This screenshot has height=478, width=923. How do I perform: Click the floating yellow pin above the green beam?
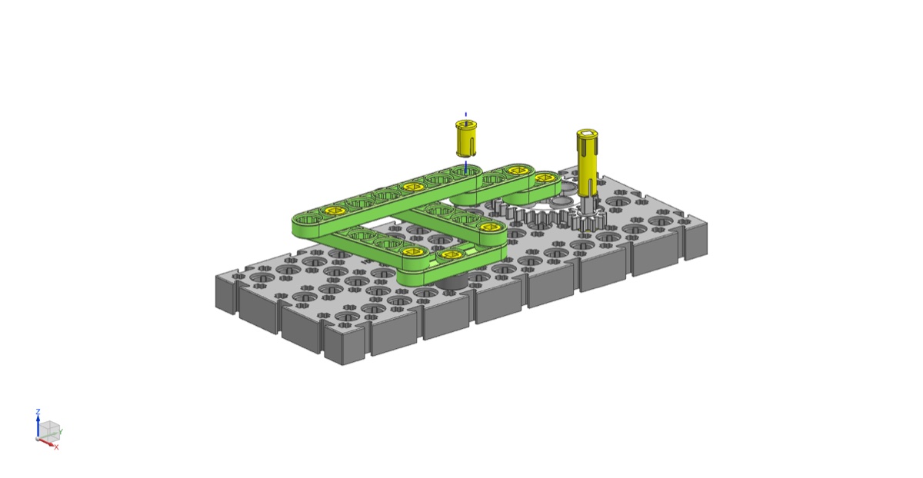tap(466, 138)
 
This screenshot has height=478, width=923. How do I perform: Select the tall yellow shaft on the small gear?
tap(587, 163)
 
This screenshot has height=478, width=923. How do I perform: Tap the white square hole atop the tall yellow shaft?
tap(587, 134)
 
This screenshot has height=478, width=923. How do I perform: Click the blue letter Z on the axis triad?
tap(38, 411)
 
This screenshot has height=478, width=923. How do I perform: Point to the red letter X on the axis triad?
tap(56, 447)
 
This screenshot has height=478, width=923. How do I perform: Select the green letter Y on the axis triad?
tap(61, 431)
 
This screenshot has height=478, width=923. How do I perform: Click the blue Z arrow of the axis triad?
tap(38, 427)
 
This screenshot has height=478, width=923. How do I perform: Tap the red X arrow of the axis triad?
tap(46, 442)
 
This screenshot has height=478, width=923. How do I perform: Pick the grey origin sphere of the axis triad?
tap(38, 439)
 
